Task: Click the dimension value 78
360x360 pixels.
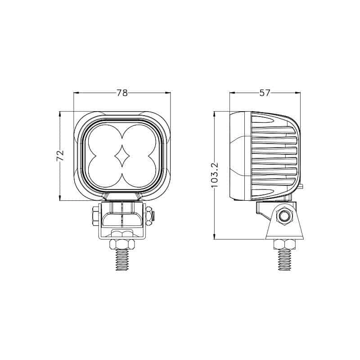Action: tap(122, 93)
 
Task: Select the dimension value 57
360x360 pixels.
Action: tap(265, 93)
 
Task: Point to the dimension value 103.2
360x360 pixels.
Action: tap(214, 175)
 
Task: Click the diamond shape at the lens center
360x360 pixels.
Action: tap(122, 156)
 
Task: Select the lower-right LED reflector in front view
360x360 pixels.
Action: tap(140, 173)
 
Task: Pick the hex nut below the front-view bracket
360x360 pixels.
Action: tap(122, 244)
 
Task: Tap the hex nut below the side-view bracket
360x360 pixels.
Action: tap(285, 244)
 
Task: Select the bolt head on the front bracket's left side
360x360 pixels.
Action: tap(95, 215)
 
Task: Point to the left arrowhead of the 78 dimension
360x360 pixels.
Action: tap(76, 93)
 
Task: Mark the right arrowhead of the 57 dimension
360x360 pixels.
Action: tap(298, 93)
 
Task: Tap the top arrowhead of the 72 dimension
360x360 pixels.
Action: tap(60, 114)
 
